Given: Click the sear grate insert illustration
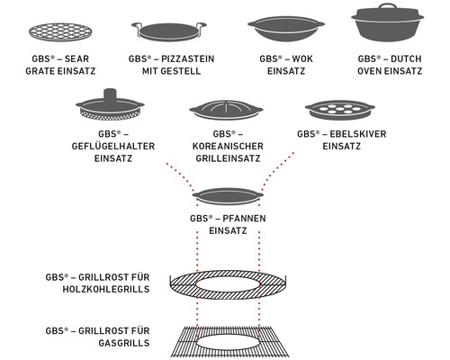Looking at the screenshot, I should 56,28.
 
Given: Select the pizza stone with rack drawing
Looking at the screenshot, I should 166,31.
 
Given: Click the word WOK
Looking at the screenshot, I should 296,58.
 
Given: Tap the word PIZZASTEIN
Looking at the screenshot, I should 188,58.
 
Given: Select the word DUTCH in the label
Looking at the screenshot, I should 408,58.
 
